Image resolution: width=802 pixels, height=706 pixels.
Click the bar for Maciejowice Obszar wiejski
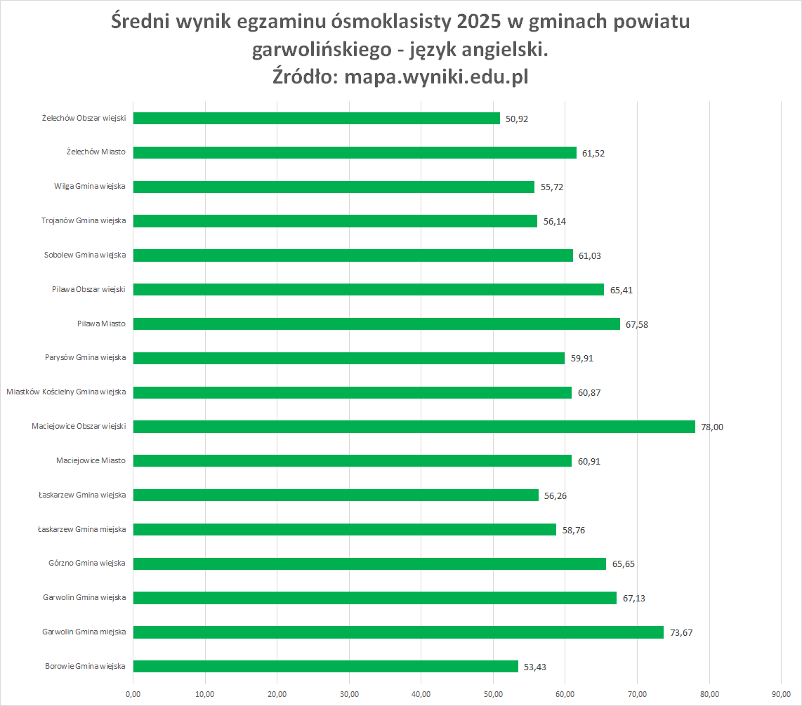414,427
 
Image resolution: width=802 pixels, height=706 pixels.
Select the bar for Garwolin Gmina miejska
398,632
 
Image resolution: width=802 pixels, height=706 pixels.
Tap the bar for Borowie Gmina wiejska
325,667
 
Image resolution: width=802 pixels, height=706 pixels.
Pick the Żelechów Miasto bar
355,152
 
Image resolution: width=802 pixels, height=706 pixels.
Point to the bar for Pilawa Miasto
376,324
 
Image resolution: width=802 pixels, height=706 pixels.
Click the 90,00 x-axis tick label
781,694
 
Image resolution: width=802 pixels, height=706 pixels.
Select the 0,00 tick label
133,694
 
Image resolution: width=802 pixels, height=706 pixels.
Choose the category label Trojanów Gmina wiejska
84,221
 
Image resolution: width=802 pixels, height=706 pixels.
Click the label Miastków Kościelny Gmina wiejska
66,392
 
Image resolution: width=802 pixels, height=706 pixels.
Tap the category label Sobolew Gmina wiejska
85,255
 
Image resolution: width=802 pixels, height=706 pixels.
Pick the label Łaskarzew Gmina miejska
82,529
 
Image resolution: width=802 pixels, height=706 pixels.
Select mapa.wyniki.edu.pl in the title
436,76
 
